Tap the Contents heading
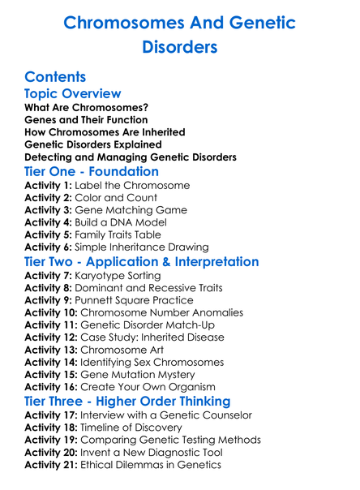point(55,77)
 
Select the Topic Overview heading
point(73,95)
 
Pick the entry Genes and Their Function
point(87,120)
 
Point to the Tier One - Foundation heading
point(92,171)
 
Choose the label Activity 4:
point(49,222)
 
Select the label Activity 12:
point(53,337)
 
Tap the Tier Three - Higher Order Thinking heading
point(139,401)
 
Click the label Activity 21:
point(53,464)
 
